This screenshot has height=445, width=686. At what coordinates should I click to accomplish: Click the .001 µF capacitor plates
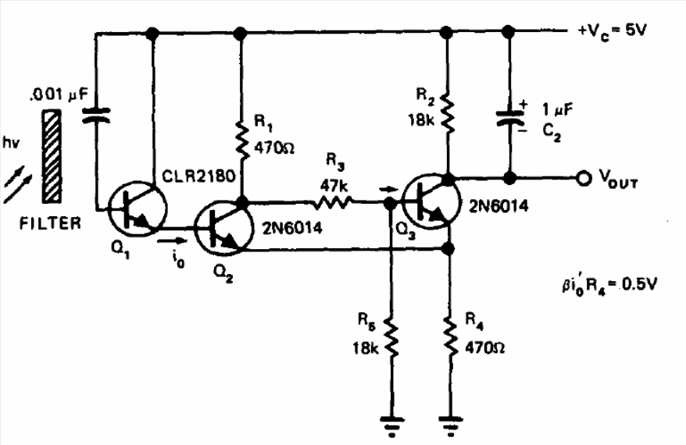[96, 116]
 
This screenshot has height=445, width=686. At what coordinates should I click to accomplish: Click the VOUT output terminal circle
[582, 179]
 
